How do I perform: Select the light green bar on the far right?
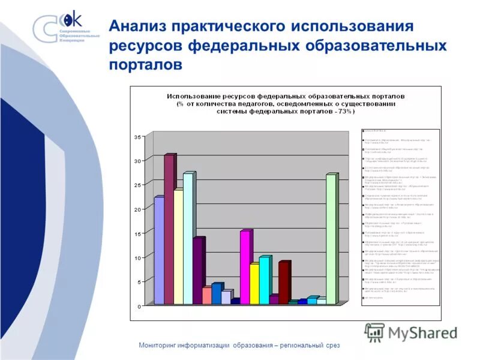pyautogui.click(x=331, y=240)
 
